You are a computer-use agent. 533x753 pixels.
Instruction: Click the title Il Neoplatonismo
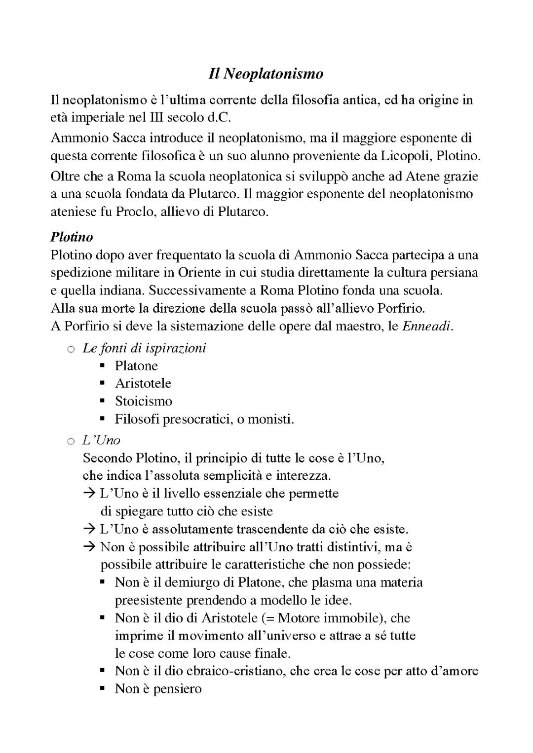coord(266,74)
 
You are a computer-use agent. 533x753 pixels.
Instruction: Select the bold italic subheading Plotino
coord(72,237)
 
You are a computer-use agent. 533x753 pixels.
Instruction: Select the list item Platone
coord(136,366)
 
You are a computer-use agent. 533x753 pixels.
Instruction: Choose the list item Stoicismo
coord(144,401)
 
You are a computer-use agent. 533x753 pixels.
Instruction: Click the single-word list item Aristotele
coord(143,384)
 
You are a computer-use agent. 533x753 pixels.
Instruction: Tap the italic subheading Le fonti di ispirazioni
coord(144,348)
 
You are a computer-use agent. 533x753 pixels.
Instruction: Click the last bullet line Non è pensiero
coord(158,689)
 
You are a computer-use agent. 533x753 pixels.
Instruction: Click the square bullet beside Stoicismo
coord(103,401)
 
